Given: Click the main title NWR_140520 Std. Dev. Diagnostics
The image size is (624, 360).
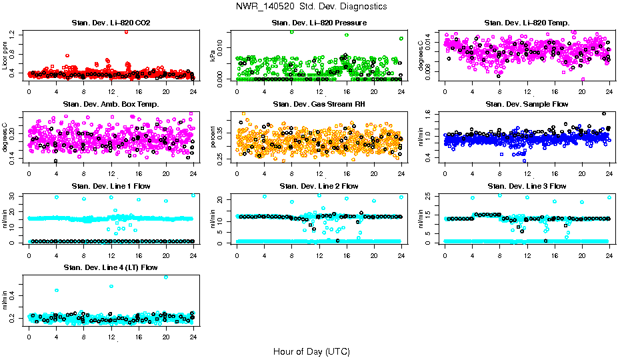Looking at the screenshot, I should tap(311, 6).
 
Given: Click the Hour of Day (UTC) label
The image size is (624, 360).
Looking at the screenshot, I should tap(311, 351).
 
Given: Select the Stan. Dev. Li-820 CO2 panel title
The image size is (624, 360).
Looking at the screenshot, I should tap(111, 23).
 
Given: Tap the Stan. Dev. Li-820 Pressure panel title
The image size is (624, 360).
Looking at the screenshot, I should tap(319, 23).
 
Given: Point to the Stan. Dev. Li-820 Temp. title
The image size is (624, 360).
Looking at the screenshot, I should tap(527, 23).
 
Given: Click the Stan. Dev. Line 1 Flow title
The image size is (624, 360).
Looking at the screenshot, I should tap(111, 186).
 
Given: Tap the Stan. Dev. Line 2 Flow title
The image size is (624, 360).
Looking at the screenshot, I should tap(319, 186).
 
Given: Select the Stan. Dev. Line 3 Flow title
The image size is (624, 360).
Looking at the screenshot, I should tap(527, 186).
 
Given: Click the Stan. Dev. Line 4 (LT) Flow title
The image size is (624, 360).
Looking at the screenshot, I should tap(111, 267).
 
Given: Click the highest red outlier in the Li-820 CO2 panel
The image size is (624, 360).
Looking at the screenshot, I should tap(126, 31).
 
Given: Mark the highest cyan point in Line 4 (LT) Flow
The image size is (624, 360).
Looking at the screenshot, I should tap(166, 277).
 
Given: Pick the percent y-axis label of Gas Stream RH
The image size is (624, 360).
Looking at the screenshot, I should tap(214, 136).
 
